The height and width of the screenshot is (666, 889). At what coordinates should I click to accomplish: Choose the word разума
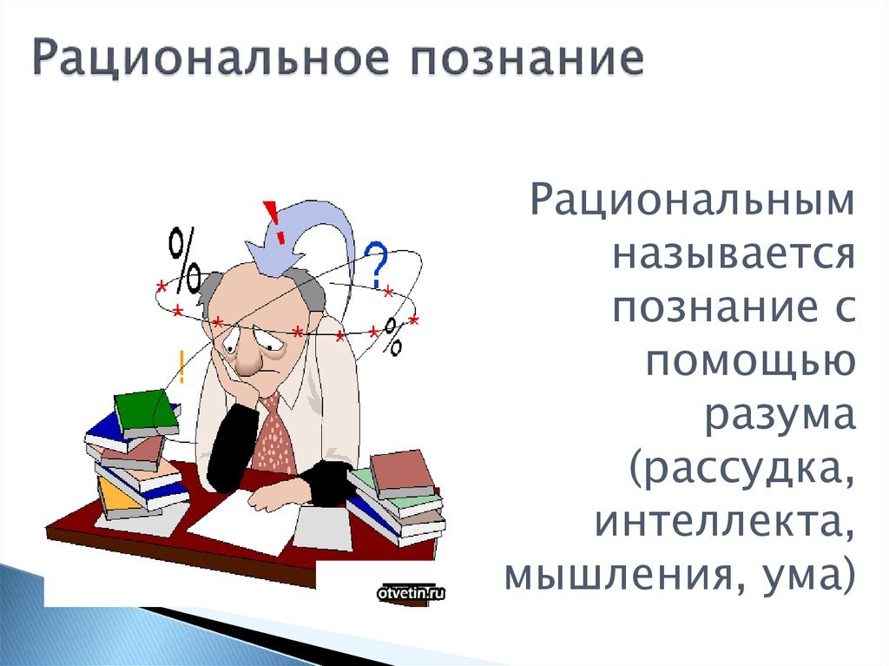780,414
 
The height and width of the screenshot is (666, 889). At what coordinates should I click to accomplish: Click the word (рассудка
743,469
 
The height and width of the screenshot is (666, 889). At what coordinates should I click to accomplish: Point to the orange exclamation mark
181,366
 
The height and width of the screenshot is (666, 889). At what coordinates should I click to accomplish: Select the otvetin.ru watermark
411,594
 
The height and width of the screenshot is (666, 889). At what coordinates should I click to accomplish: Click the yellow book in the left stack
115,497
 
